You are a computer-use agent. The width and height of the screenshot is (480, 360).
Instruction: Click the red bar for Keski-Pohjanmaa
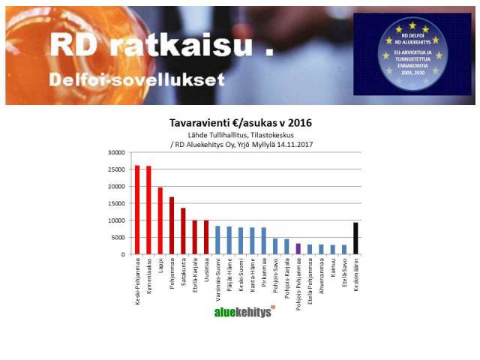(x=136, y=210)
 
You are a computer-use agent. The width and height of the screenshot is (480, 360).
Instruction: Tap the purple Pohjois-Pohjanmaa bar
(x=298, y=248)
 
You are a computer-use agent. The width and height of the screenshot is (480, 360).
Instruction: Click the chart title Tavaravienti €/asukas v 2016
(x=241, y=122)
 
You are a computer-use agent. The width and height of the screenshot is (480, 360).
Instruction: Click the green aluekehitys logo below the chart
(x=244, y=311)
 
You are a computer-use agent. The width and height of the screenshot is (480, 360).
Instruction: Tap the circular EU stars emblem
(x=412, y=54)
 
